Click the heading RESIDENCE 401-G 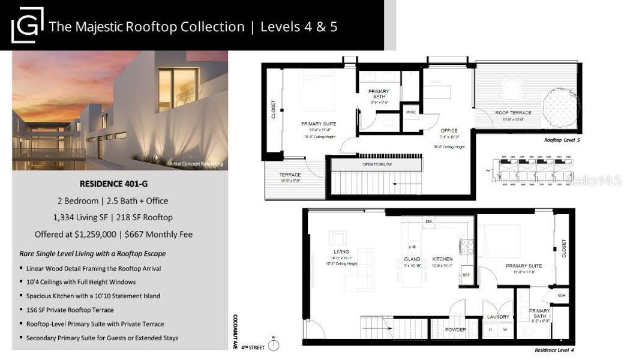119,184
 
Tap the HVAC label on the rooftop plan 411,112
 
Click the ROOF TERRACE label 513,113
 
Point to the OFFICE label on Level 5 449,130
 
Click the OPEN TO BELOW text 377,164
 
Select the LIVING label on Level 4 341,251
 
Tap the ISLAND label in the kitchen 412,259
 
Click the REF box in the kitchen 467,275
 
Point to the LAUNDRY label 499,317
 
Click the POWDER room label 455,329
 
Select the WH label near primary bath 561,295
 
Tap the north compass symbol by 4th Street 274,345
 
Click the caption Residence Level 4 554,350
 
